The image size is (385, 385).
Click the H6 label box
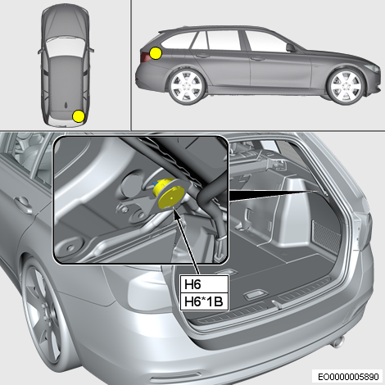coord(204,284)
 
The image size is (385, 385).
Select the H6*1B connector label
coord(204,301)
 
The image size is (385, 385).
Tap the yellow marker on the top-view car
coord(79,116)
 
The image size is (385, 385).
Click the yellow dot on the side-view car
coord(156,53)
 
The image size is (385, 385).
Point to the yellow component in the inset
coord(168,193)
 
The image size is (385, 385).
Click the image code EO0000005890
coord(348,377)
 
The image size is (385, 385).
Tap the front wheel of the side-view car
coord(346,86)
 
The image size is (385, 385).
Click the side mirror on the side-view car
coord(291,48)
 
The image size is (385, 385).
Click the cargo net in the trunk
coord(326,237)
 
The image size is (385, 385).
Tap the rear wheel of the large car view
coord(43,314)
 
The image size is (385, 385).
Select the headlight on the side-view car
coord(373,68)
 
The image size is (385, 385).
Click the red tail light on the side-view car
coord(145,57)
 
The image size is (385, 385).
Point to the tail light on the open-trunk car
coord(365,230)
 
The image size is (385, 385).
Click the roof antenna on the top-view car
coord(66,105)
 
